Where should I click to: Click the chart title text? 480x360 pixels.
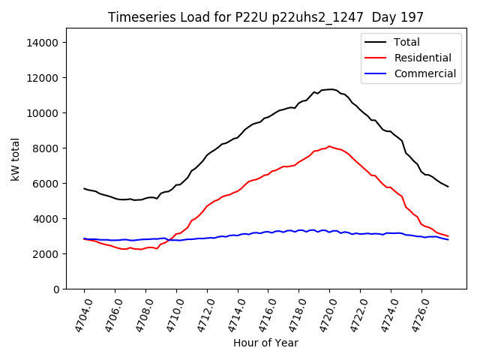(265, 17)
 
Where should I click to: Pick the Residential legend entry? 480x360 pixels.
(422, 58)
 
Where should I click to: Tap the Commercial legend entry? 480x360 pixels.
(424, 73)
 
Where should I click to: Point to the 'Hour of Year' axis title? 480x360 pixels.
(265, 343)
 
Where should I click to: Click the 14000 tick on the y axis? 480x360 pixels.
(42, 43)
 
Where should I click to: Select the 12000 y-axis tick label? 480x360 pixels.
(42, 78)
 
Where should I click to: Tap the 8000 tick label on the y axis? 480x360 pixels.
(45, 148)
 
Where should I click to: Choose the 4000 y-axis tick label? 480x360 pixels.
(45, 219)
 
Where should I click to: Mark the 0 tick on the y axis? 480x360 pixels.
(55, 289)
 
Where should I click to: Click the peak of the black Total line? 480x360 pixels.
(330, 89)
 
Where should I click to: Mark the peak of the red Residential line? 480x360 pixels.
(329, 146)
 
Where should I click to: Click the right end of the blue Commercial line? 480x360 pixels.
(448, 239)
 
